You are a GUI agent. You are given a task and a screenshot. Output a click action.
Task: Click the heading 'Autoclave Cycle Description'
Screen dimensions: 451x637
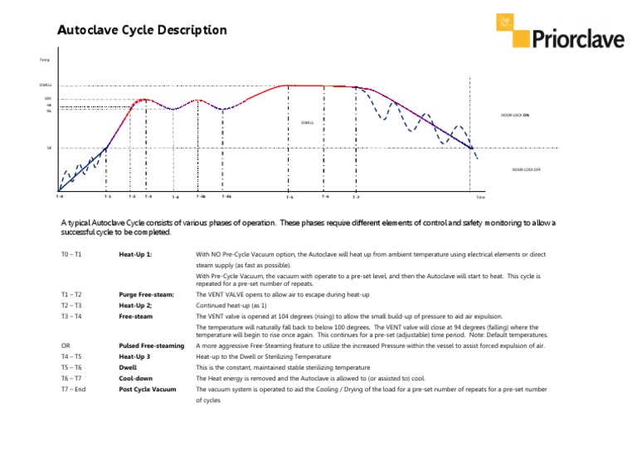pos(141,31)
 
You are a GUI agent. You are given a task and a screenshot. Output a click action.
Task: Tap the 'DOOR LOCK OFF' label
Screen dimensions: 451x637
pos(526,168)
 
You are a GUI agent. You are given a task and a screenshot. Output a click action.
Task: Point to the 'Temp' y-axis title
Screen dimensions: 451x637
pos(45,60)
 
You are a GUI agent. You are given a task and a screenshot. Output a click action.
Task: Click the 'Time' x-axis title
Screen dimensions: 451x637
pos(479,199)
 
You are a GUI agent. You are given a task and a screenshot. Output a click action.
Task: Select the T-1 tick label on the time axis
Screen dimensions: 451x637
pos(108,197)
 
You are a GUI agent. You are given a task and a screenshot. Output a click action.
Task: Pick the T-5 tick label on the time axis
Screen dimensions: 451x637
pos(289,198)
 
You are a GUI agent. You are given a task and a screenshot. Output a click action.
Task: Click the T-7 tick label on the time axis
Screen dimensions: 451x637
pos(355,198)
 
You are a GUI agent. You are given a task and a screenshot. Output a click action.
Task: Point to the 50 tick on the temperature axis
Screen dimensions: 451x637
pos(49,150)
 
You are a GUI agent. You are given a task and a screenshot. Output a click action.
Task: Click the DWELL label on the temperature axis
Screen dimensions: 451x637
pos(46,85)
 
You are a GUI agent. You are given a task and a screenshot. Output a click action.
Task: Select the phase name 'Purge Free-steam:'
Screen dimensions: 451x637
pos(146,295)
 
